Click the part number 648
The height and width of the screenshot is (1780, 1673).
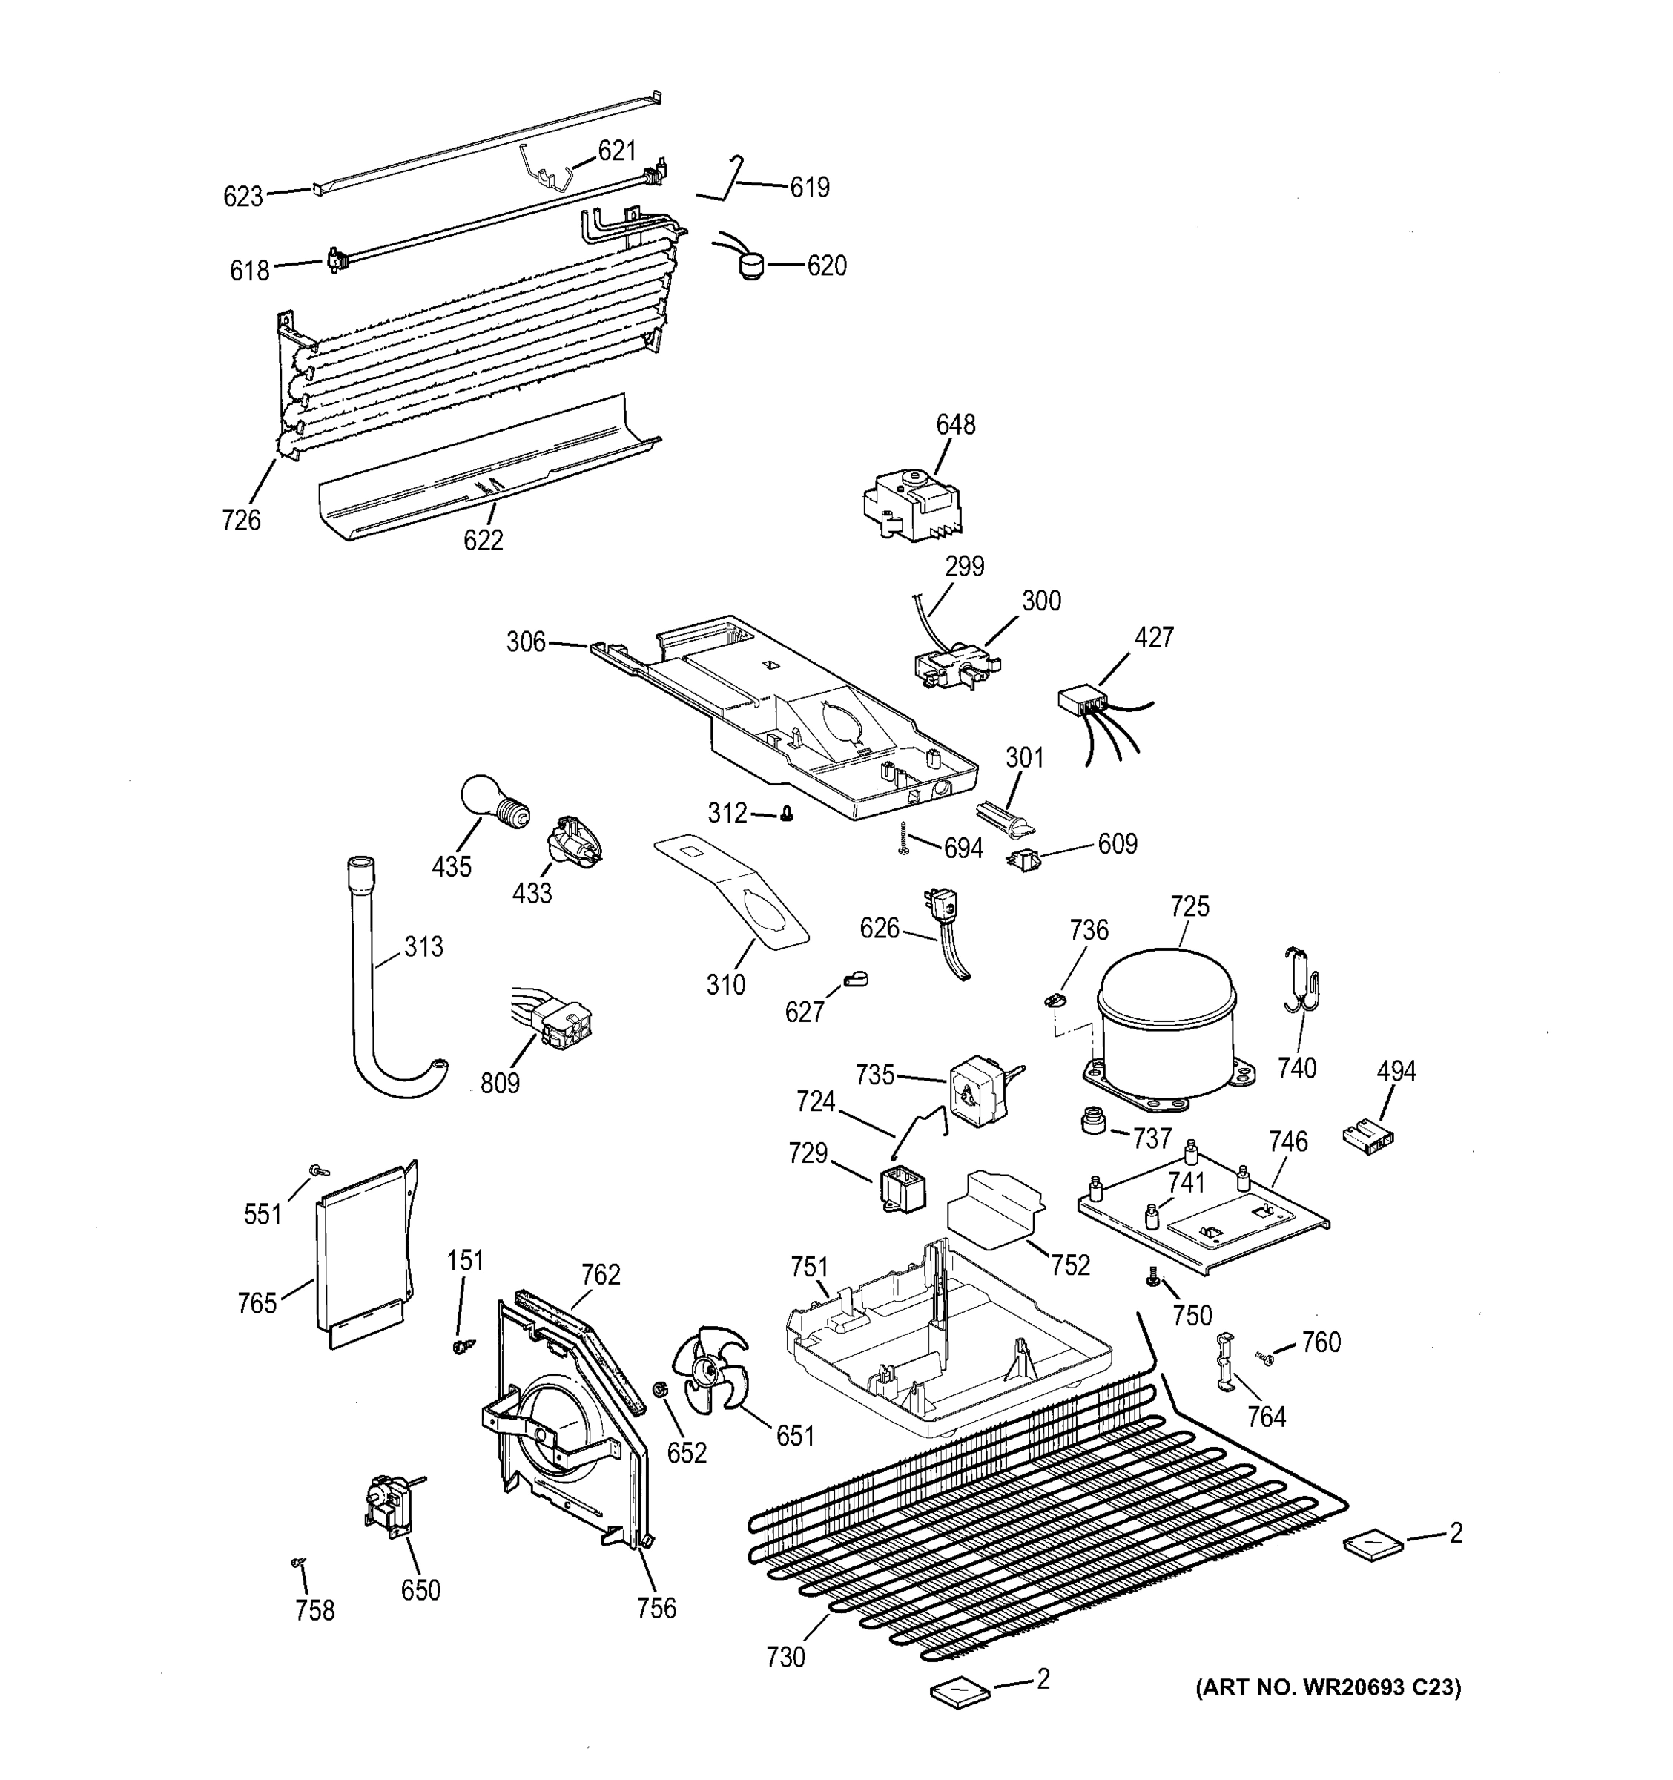click(x=955, y=424)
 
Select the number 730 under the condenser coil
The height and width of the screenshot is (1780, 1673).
click(x=785, y=1658)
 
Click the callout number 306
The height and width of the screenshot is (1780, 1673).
click(x=526, y=641)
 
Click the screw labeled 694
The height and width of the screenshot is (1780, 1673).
click(x=904, y=837)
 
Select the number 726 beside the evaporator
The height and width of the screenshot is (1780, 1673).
click(x=241, y=519)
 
